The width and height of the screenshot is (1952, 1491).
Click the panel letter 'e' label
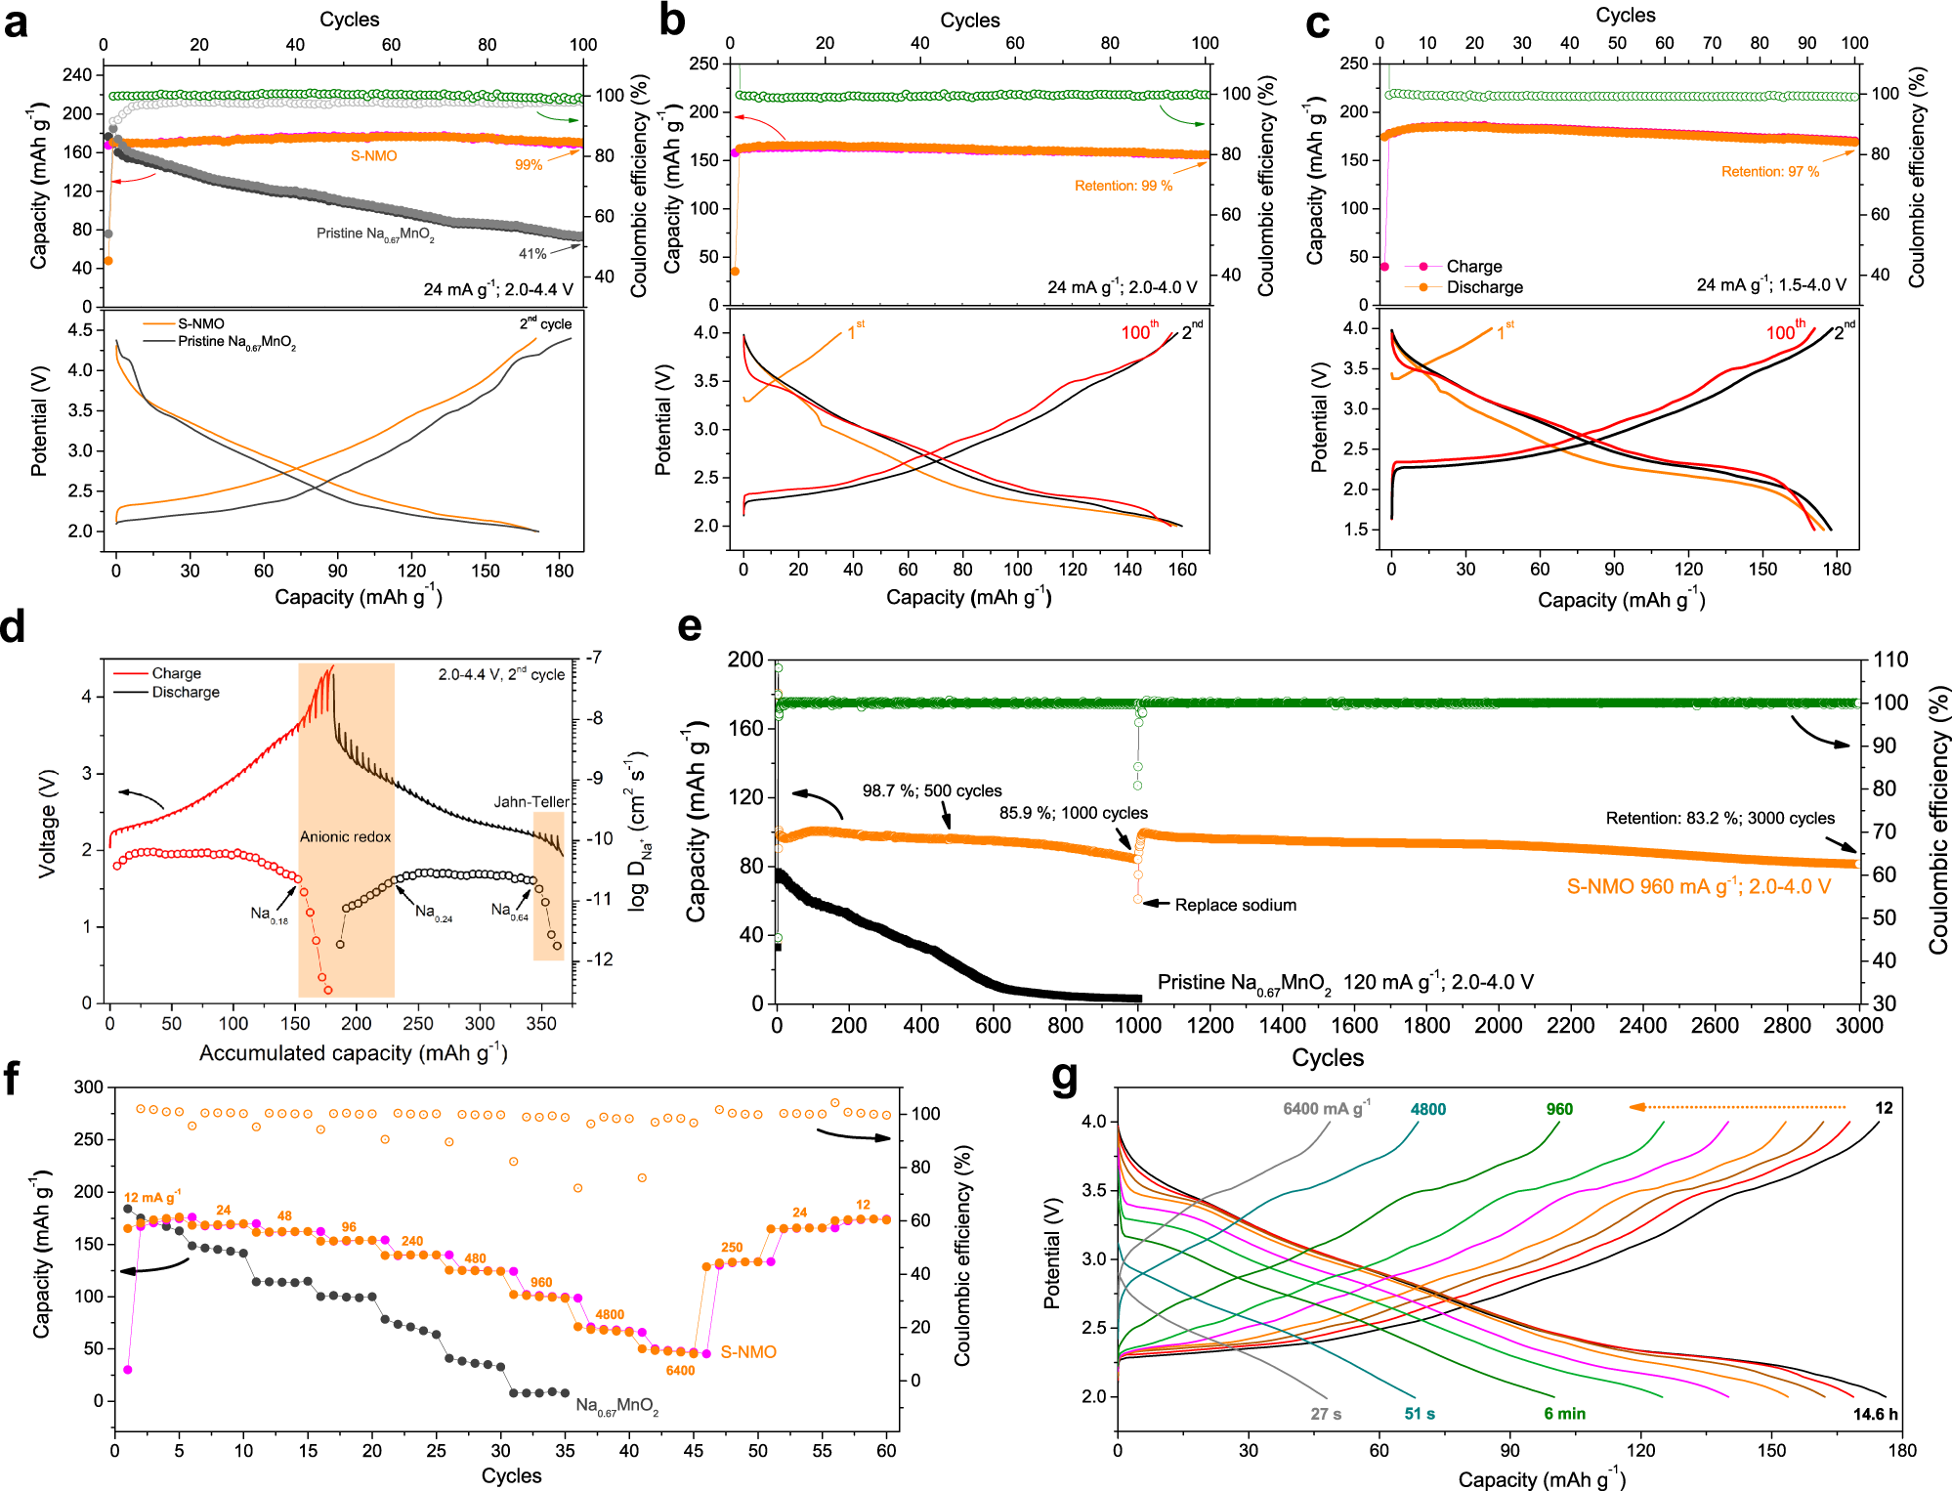pyautogui.click(x=690, y=626)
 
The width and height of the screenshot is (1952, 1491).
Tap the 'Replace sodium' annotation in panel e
pyautogui.click(x=1235, y=905)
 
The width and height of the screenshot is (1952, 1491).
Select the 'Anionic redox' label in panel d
pyautogui.click(x=345, y=836)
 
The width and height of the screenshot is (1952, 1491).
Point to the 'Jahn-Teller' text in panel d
pyautogui.click(x=530, y=801)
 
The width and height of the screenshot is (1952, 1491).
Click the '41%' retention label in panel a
pyautogui.click(x=532, y=253)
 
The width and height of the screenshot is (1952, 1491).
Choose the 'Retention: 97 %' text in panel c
pyautogui.click(x=1769, y=171)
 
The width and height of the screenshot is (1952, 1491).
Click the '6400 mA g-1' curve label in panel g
pyautogui.click(x=1326, y=1109)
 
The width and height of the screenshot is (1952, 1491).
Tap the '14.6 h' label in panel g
pyautogui.click(x=1875, y=1414)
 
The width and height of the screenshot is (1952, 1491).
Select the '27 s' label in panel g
pyautogui.click(x=1326, y=1414)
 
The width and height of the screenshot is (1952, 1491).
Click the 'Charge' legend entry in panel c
pyautogui.click(x=1473, y=266)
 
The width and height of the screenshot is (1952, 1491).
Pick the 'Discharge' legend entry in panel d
pyautogui.click(x=186, y=692)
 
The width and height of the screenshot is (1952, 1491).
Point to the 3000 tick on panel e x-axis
pyautogui.click(x=1858, y=1025)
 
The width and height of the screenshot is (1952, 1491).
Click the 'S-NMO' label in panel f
pyautogui.click(x=748, y=1351)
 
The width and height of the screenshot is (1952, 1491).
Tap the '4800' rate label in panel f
pyautogui.click(x=610, y=1314)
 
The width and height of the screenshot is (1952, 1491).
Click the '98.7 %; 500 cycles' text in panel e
pyautogui.click(x=931, y=790)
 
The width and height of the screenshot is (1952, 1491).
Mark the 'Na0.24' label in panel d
pyautogui.click(x=433, y=912)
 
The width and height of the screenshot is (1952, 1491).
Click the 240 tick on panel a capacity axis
pyautogui.click(x=76, y=74)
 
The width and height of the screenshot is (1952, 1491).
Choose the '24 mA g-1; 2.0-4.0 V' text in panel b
pyautogui.click(x=1122, y=287)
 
